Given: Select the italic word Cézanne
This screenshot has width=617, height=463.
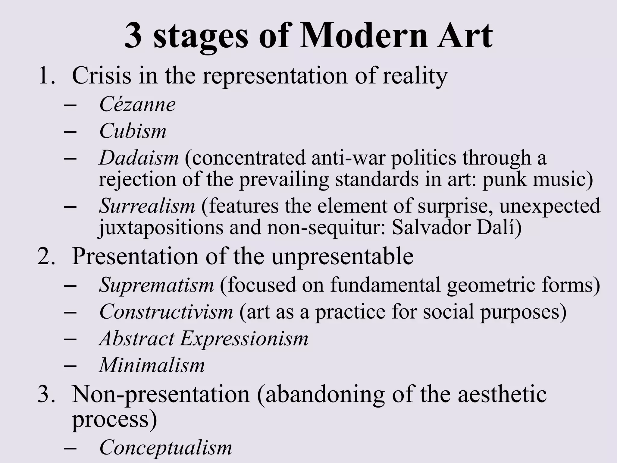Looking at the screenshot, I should [x=137, y=105].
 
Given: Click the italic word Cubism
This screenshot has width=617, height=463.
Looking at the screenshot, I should [x=133, y=131].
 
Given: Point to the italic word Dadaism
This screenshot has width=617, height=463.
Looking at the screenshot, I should [x=139, y=158].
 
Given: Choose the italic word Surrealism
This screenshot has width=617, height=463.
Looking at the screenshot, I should [x=147, y=206].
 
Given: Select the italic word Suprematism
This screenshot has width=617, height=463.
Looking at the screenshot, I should [x=156, y=285].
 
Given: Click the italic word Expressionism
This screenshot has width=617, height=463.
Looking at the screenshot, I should [x=244, y=338].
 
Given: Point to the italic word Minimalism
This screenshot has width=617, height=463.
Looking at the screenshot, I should [x=152, y=365].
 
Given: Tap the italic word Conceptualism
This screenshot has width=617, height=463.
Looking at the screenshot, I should [x=166, y=447].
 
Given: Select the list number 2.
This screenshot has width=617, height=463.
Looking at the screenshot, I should [x=46, y=256].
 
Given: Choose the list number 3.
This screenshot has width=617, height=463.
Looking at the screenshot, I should [x=46, y=394].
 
